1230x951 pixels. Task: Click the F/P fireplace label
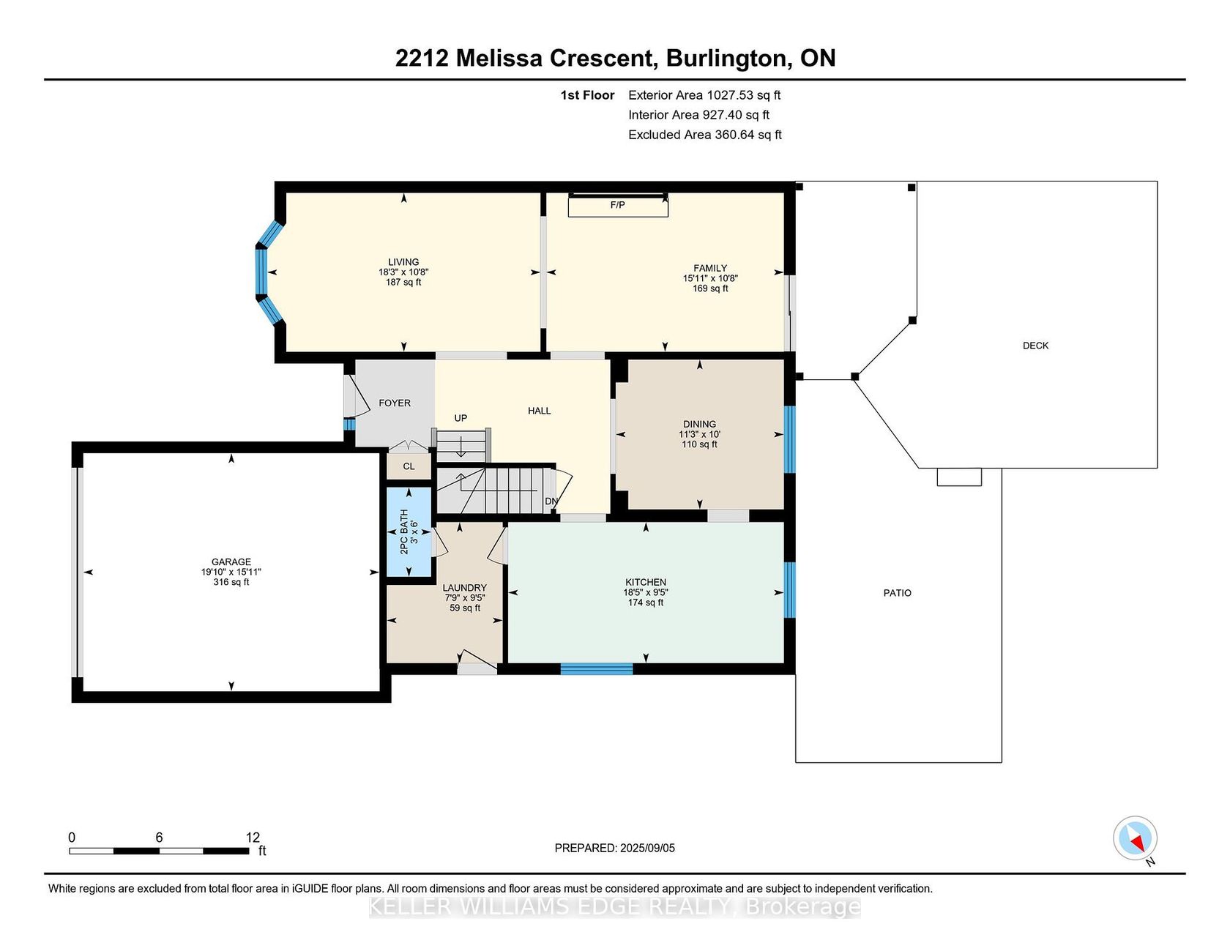617,205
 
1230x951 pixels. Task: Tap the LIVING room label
403,262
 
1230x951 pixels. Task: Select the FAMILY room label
710,269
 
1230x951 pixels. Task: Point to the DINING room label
699,424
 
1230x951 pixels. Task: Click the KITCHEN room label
646,582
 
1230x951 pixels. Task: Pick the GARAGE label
231,562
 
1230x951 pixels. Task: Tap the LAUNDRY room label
464,588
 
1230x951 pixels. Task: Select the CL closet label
409,466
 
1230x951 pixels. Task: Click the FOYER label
395,403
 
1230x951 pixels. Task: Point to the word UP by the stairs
461,418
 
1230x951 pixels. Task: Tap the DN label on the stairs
551,501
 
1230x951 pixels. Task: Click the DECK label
1035,346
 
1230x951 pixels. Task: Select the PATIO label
897,593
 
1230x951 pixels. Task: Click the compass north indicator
1136,839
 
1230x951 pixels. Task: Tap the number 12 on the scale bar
253,838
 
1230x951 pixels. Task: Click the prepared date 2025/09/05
647,848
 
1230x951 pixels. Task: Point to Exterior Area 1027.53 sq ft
704,95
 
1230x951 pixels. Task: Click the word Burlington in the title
728,59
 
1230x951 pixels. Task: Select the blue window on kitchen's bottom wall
597,668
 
